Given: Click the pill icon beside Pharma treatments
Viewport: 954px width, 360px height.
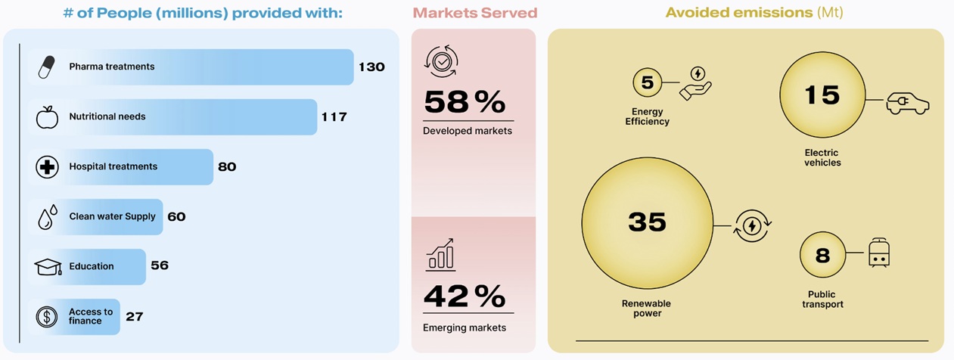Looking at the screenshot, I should click(x=47, y=67).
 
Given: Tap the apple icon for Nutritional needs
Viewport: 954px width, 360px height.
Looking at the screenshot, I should click(x=47, y=117).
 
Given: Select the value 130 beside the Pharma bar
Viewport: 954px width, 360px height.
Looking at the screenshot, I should click(x=371, y=67).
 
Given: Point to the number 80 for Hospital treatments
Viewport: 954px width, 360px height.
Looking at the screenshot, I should click(x=227, y=167).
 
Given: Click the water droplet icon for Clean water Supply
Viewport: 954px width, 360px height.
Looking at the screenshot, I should click(x=47, y=217).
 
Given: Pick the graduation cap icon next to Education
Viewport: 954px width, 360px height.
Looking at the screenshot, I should click(x=47, y=267).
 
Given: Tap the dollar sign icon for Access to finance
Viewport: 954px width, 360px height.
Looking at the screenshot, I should click(x=47, y=317).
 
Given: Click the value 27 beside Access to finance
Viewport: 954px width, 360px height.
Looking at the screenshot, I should click(x=135, y=317).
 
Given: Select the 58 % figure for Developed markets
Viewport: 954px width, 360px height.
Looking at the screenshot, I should click(x=465, y=102).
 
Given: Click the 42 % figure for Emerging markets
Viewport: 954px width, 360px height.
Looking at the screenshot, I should click(x=465, y=296).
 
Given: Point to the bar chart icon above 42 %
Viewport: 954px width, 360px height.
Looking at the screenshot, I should click(x=440, y=255).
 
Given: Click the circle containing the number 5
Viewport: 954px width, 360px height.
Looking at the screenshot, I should click(x=647, y=83).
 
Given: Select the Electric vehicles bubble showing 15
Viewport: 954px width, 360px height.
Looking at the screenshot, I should click(x=822, y=95).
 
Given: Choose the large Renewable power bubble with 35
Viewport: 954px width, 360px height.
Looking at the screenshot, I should click(x=647, y=222).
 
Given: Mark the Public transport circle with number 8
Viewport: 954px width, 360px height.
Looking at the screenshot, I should click(x=822, y=255).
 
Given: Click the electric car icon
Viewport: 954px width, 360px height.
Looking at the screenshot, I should click(x=908, y=102).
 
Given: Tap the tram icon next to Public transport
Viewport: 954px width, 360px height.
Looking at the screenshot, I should click(x=878, y=253).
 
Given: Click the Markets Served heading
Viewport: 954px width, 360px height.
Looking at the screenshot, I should click(x=474, y=13).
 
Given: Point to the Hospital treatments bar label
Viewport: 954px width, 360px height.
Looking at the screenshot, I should click(x=113, y=167).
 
